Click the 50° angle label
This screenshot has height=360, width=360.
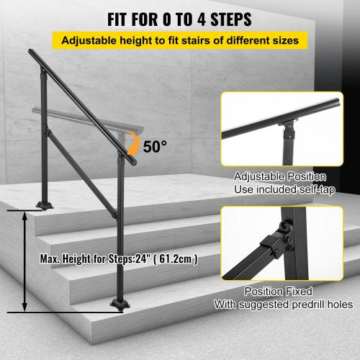155,146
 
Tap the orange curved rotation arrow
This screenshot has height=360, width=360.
135,143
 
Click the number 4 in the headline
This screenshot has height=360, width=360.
202,19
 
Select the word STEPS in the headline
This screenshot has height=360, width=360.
231,19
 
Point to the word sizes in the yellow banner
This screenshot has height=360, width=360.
286,40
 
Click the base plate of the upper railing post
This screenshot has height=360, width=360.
45,206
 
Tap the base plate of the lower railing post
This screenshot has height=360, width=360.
120,305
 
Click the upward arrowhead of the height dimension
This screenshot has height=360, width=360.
24,217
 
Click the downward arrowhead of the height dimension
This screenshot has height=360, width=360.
24,307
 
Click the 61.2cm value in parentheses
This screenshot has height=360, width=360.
175,259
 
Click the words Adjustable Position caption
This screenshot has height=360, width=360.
280,176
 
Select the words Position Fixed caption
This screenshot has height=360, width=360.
279,292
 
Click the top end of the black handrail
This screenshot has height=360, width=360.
31,51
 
